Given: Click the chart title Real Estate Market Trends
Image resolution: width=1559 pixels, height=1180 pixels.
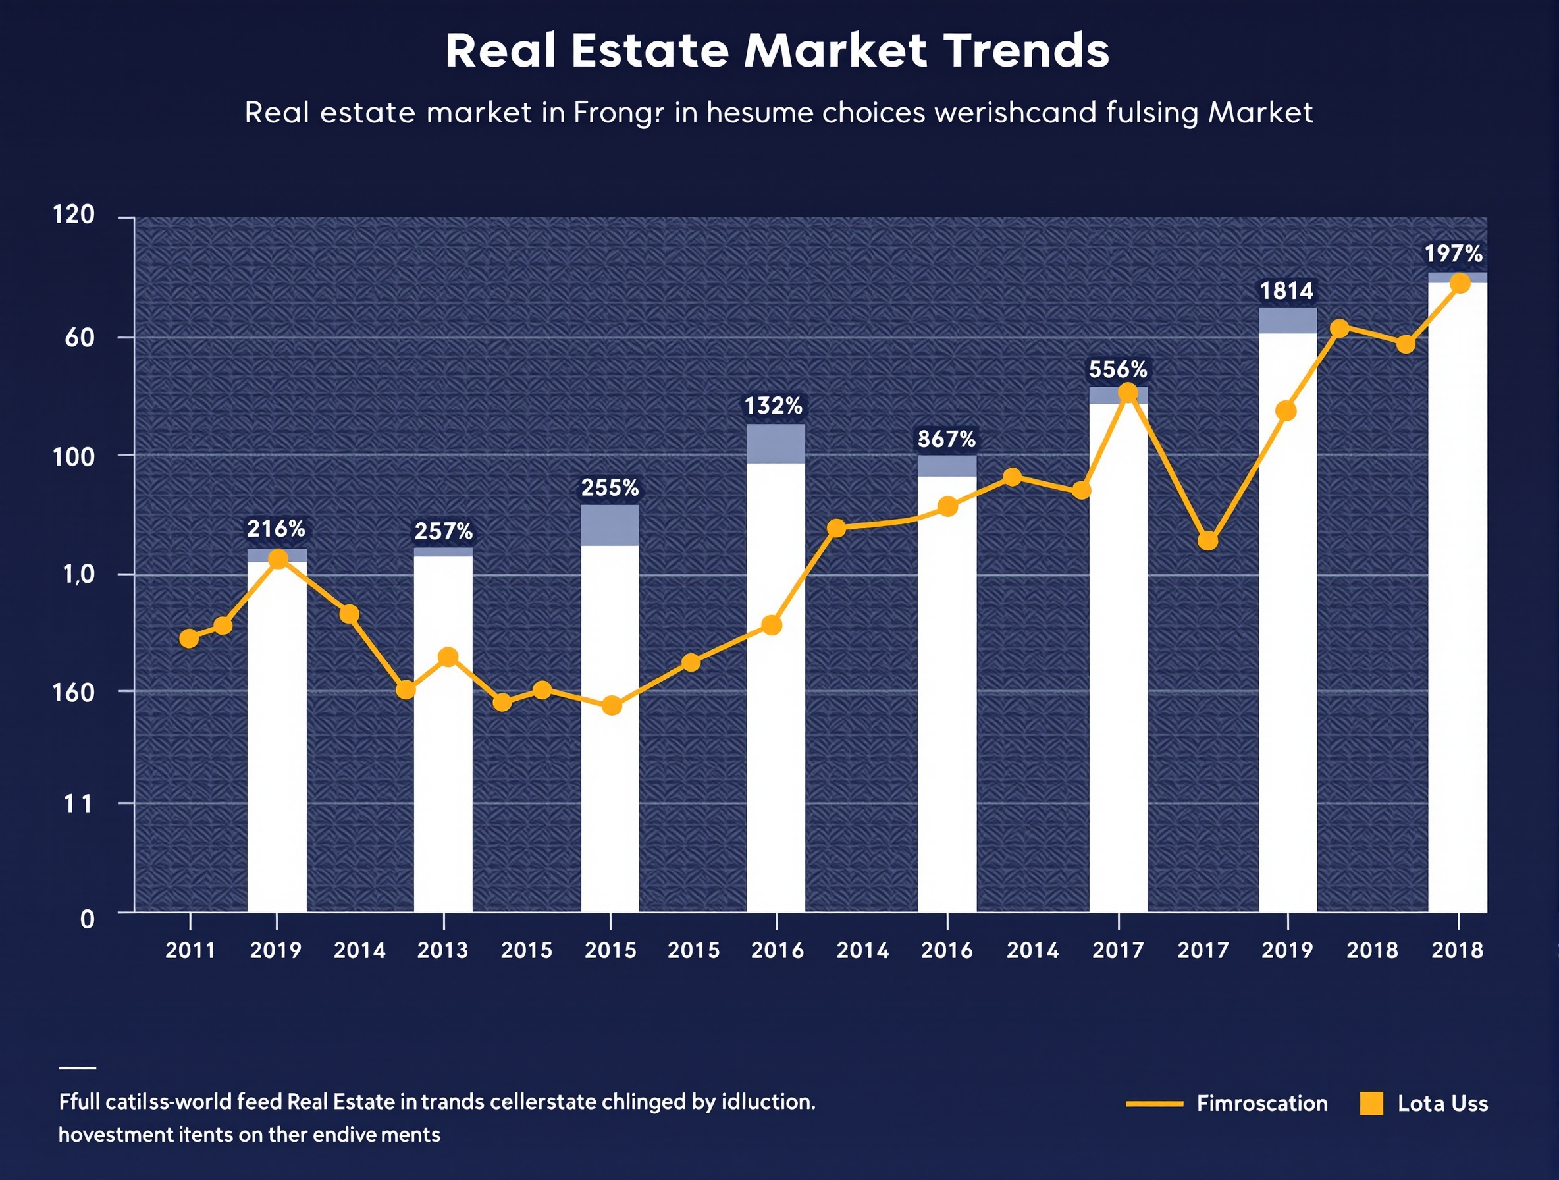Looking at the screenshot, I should [x=778, y=51].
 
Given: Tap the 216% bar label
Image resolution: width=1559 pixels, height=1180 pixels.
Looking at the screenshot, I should [x=276, y=528].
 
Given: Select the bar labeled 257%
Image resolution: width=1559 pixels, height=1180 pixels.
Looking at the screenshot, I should [x=442, y=733].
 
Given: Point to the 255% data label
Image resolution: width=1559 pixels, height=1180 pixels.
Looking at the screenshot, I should [x=610, y=487].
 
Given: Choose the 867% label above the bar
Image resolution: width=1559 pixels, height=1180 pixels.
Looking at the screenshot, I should [x=946, y=439].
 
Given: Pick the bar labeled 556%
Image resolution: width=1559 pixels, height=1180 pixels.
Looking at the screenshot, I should [x=1118, y=656].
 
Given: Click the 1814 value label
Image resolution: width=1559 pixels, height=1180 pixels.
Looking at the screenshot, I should [x=1286, y=290].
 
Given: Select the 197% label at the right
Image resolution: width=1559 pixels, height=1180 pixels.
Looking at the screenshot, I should [x=1452, y=253].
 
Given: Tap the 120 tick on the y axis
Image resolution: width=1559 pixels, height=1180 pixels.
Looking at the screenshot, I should [x=73, y=214].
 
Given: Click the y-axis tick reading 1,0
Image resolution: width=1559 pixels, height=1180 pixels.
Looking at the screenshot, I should [x=78, y=574].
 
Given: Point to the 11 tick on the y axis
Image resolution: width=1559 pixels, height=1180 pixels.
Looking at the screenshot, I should [x=78, y=803].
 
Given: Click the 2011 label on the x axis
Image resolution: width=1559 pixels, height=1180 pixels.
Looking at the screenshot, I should [x=190, y=950].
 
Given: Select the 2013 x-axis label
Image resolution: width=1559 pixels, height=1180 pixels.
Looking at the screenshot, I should [x=442, y=950].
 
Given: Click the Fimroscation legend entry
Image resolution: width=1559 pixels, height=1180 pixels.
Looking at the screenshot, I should [x=1261, y=1103].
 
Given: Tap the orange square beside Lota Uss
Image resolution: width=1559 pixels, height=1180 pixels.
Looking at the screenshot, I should [x=1371, y=1103].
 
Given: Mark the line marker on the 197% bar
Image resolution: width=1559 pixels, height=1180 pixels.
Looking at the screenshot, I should [x=1460, y=283].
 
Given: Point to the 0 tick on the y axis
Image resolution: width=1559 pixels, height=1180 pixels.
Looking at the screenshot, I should [x=87, y=919].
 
